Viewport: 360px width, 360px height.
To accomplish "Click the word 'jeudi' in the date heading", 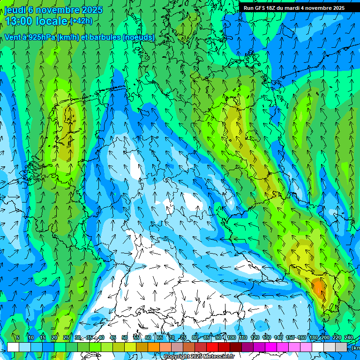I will [x=15, y=10].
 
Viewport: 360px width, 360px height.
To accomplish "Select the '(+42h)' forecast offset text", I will [x=81, y=21].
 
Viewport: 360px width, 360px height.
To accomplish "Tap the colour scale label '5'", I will [x=18, y=337].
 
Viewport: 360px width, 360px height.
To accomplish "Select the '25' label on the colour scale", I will [x=66, y=337].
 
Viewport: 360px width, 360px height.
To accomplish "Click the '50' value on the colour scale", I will [x=125, y=337].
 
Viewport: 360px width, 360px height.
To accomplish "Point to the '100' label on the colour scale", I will [x=232, y=337].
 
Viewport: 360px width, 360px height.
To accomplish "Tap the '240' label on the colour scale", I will [x=349, y=337].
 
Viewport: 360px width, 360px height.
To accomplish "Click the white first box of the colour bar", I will [x=13, y=347].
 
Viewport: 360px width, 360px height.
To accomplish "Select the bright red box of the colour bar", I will [x=212, y=347].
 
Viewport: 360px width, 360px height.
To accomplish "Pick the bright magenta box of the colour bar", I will [x=271, y=347].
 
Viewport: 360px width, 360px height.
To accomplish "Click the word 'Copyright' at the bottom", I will [x=176, y=357].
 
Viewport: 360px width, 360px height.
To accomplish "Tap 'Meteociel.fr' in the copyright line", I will [x=218, y=357].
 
